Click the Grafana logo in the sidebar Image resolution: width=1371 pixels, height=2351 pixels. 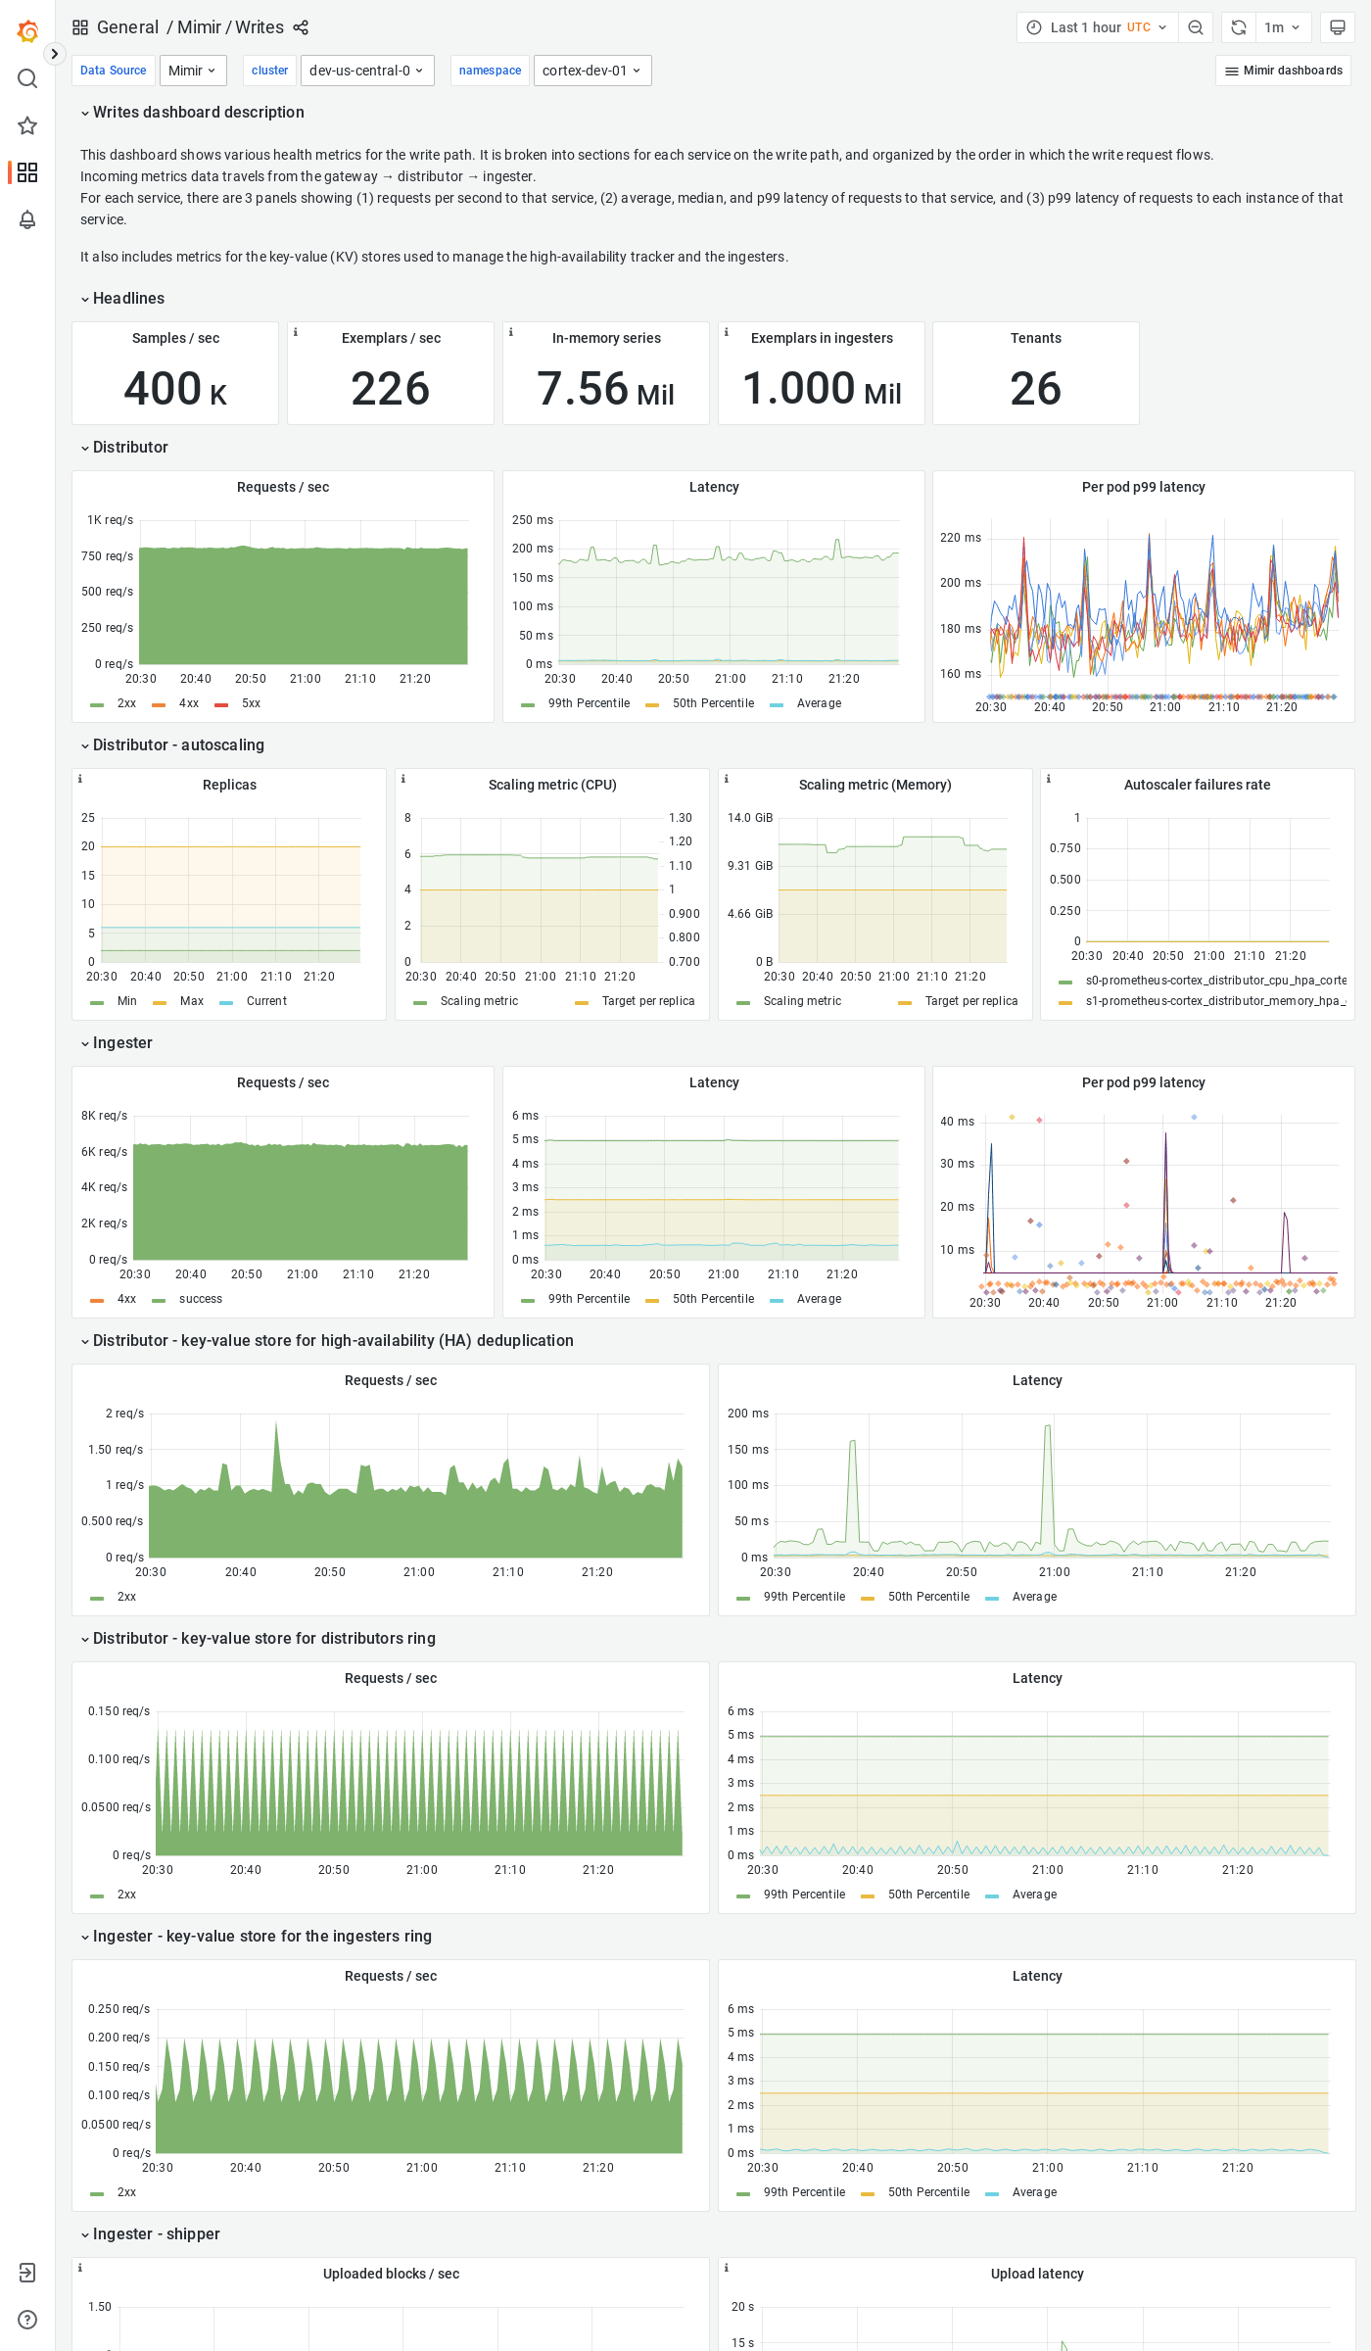pyautogui.click(x=27, y=31)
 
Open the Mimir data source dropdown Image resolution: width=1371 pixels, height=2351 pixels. pyautogui.click(x=192, y=71)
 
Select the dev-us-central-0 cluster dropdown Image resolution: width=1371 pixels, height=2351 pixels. pyautogui.click(x=366, y=71)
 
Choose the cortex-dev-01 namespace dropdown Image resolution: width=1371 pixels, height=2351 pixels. pyautogui.click(x=591, y=71)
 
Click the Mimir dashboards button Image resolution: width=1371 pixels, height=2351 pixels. pyautogui.click(x=1283, y=71)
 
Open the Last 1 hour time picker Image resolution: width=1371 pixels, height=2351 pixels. pyautogui.click(x=1097, y=27)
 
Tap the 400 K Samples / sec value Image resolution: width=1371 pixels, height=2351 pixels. pyautogui.click(x=175, y=389)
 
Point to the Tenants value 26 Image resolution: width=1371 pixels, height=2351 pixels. pyautogui.click(x=1035, y=389)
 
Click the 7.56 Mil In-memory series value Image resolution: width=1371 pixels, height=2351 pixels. pyautogui.click(x=605, y=389)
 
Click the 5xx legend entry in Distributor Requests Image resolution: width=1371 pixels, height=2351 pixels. pyautogui.click(x=251, y=703)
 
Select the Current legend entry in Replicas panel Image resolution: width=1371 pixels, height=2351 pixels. pyautogui.click(x=265, y=1001)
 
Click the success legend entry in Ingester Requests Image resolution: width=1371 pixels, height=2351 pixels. pyautogui.click(x=200, y=1299)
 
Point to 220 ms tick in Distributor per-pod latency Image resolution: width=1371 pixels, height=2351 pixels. pyautogui.click(x=960, y=538)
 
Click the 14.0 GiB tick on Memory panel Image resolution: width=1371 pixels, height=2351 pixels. pyautogui.click(x=750, y=818)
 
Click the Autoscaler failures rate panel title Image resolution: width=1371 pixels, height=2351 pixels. pyautogui.click(x=1197, y=785)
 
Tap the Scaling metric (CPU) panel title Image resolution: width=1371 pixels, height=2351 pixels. pyautogui.click(x=552, y=785)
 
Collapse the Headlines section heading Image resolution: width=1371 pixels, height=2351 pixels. pyautogui.click(x=128, y=299)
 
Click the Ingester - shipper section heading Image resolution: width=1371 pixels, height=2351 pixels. pyautogui.click(x=156, y=2234)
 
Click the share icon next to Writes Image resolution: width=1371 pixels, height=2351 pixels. pyautogui.click(x=301, y=27)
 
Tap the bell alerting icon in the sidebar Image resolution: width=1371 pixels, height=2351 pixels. pyautogui.click(x=27, y=219)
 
